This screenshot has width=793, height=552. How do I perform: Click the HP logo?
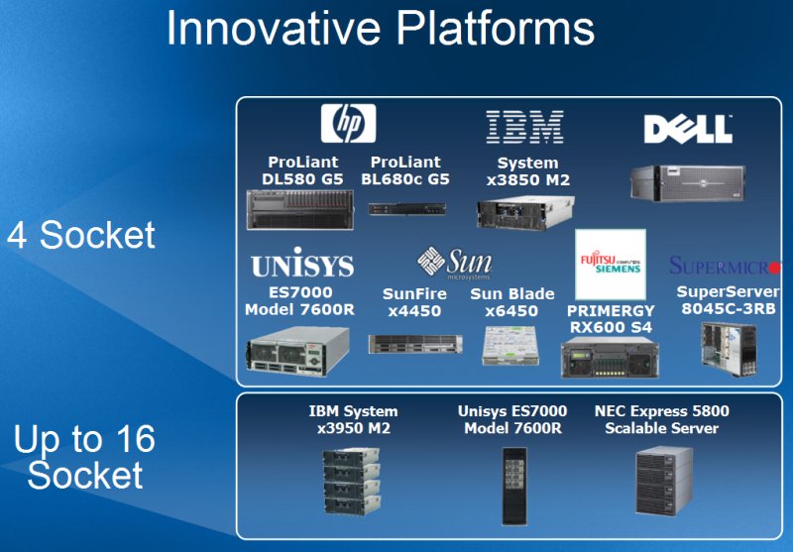tap(349, 123)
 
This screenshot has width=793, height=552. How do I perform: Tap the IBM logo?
tap(525, 127)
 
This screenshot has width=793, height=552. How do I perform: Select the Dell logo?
tap(688, 129)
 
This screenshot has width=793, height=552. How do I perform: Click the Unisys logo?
tap(302, 263)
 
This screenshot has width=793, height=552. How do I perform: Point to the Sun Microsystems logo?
tap(454, 263)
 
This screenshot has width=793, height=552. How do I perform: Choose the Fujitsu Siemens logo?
tap(611, 265)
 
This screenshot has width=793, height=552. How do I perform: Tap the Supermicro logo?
tap(725, 266)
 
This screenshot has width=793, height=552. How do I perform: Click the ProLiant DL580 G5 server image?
tap(300, 209)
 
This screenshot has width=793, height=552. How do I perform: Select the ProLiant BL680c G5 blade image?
tap(407, 208)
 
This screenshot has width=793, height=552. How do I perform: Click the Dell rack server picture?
tap(688, 182)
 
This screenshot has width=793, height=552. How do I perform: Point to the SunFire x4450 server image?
tap(415, 344)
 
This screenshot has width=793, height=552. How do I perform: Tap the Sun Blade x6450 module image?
tap(510, 345)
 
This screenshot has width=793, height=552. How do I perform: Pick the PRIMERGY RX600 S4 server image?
tap(610, 358)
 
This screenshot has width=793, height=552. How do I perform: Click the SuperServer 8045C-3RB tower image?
tap(729, 349)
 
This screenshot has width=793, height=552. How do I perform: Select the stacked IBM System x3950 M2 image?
tap(352, 482)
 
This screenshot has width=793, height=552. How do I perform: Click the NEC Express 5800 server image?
tap(664, 481)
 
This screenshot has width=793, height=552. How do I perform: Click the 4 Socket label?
tap(81, 235)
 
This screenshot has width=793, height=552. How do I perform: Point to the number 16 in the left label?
tap(136, 438)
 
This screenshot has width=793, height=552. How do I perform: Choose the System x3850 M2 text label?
tap(528, 171)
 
